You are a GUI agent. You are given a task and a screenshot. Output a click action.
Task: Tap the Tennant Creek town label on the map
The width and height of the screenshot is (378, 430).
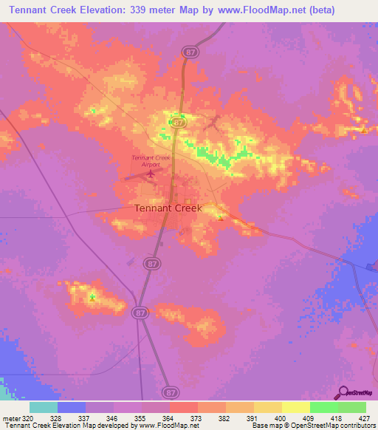click(168, 208)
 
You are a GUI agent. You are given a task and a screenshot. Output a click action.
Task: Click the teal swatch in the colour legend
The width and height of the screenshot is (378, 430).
click(43, 407)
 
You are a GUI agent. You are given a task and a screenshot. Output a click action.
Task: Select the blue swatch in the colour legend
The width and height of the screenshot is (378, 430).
click(71, 407)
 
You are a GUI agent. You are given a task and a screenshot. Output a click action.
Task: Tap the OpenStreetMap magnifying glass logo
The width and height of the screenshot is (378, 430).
click(343, 393)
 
